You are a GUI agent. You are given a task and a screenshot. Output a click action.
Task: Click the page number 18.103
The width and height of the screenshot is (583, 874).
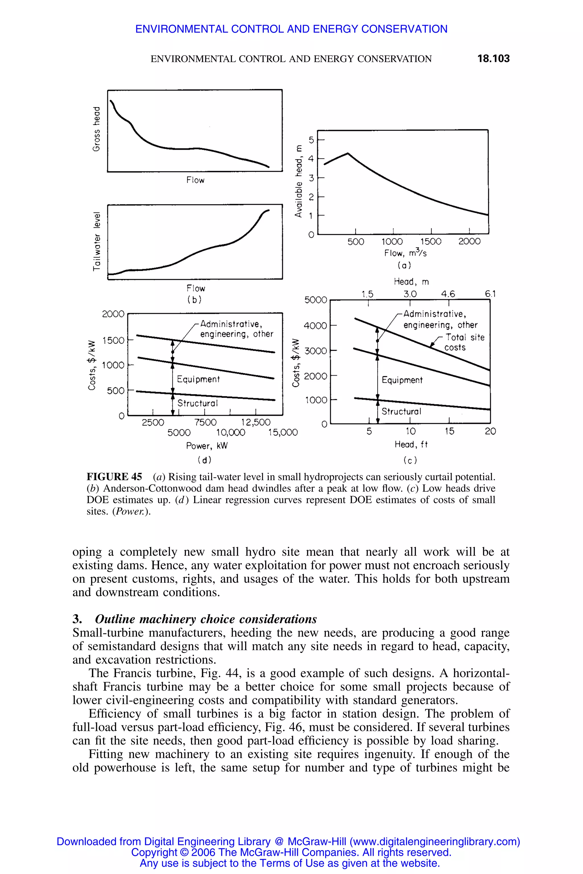[493, 59]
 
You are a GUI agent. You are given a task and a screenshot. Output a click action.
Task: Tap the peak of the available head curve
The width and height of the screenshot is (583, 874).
[348, 153]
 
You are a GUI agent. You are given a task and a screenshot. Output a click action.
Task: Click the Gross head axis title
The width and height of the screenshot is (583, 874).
[96, 129]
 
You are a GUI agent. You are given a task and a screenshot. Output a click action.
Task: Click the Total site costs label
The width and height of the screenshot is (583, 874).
[464, 342]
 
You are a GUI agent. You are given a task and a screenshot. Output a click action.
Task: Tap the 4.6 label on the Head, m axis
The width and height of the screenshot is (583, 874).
[448, 294]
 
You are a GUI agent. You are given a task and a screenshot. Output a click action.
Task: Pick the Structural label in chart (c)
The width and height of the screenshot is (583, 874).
[401, 411]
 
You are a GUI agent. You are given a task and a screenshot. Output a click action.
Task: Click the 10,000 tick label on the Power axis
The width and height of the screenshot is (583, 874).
[231, 432]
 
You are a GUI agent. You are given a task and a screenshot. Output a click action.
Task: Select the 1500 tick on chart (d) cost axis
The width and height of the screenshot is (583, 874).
[113, 340]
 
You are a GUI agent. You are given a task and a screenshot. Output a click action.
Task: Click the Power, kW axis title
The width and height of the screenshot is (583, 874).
[207, 446]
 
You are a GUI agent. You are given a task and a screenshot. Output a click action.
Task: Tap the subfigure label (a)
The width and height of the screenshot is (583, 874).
[404, 265]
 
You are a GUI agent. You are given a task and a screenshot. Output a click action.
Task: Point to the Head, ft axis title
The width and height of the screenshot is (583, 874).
[411, 444]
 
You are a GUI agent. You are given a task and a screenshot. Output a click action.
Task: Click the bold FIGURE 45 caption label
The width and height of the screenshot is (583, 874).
[114, 477]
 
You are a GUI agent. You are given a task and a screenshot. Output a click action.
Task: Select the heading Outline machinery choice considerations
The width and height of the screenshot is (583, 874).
[206, 619]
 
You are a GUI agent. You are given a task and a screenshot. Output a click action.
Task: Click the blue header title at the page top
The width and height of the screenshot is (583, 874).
[291, 29]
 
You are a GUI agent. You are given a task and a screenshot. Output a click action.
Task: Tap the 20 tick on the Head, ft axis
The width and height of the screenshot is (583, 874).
[490, 431]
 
